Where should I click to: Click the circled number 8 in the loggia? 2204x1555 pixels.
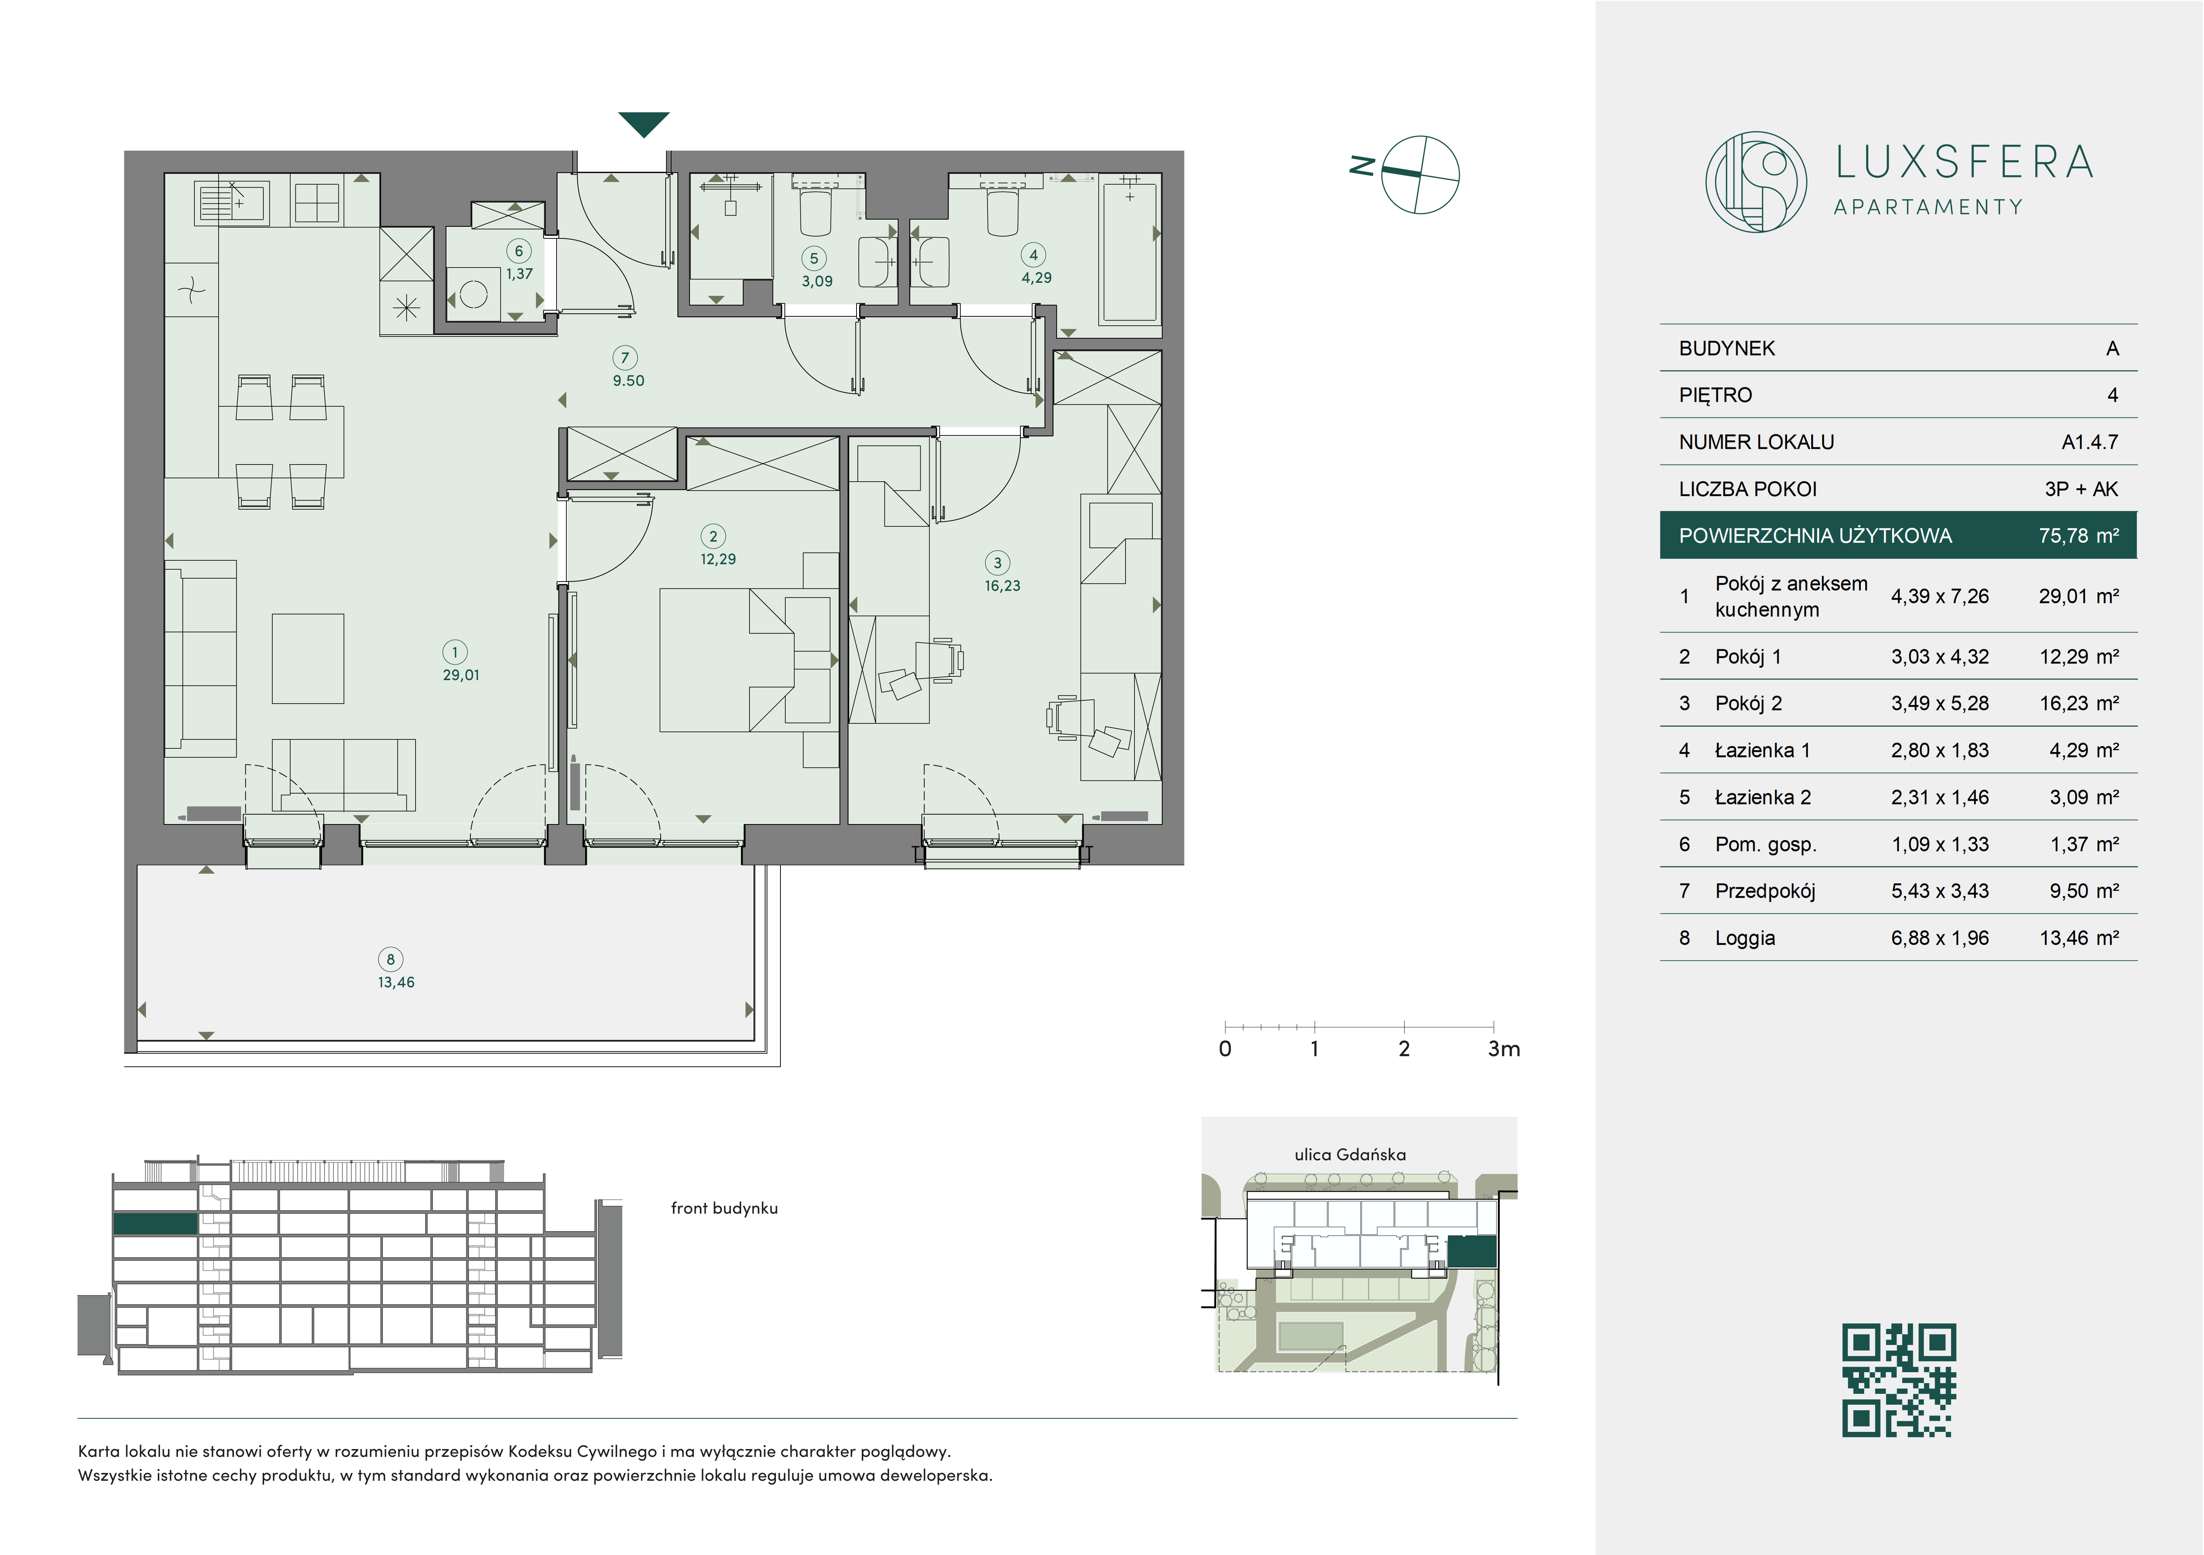click(391, 959)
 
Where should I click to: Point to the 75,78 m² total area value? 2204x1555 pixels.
click(2078, 536)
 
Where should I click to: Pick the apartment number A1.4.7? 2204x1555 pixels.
click(2090, 442)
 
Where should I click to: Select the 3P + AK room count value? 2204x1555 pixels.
click(2081, 489)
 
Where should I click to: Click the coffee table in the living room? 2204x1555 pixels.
click(307, 658)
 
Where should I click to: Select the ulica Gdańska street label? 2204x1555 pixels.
click(1350, 1155)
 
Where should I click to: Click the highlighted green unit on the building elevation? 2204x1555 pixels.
click(156, 1224)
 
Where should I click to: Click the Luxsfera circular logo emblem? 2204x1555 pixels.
click(1756, 181)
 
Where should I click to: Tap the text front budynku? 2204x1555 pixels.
click(724, 1208)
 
